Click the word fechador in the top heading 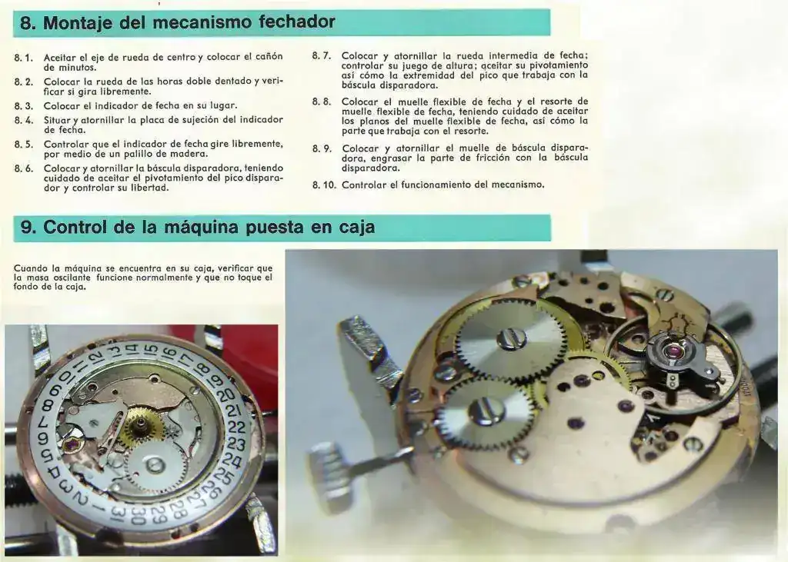297,22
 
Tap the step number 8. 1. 24,58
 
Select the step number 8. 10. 324,185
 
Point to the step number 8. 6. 24,168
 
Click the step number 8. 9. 322,148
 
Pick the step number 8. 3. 24,106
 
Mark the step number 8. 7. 322,56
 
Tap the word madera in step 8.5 190,154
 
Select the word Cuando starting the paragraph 30,268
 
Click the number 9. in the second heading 28,228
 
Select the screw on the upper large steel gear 512,340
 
